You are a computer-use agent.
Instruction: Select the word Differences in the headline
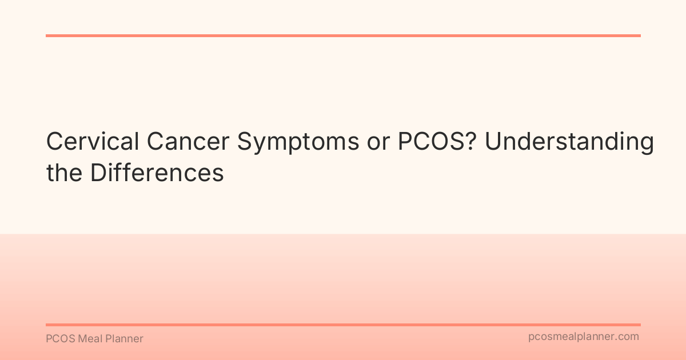pos(157,173)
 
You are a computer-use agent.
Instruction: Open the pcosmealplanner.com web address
pos(583,337)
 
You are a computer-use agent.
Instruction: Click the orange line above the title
pos(343,35)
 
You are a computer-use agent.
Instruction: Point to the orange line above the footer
pos(343,325)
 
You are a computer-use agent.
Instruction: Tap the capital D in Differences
pos(97,173)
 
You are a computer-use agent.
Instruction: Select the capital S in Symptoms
pos(245,142)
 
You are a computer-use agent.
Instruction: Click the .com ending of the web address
pos(628,337)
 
